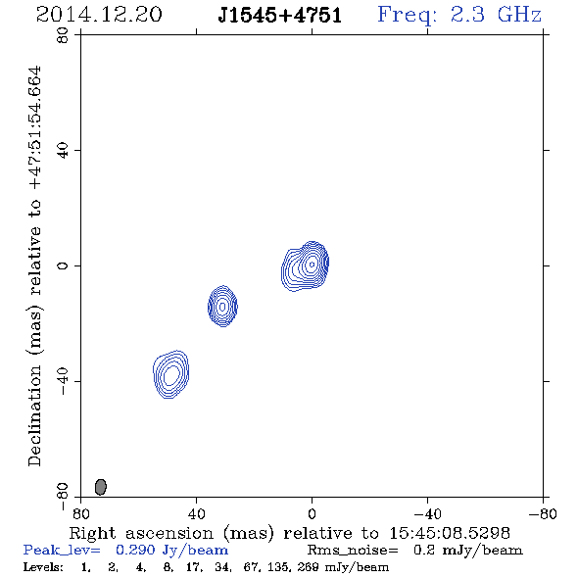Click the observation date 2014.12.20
[99, 15]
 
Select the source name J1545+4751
[279, 15]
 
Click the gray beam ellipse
[101, 487]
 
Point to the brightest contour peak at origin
[312, 264]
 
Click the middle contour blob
[222, 306]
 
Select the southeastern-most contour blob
[171, 374]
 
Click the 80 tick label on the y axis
[63, 35]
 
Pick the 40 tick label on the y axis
[63, 151]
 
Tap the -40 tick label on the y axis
[63, 381]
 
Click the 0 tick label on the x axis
[312, 513]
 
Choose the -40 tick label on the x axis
[427, 513]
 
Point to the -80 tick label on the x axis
[543, 513]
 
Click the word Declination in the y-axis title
[34, 415]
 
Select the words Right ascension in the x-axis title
[141, 533]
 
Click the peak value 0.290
[135, 550]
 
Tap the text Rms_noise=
[353, 551]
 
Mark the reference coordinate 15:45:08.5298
[450, 533]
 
